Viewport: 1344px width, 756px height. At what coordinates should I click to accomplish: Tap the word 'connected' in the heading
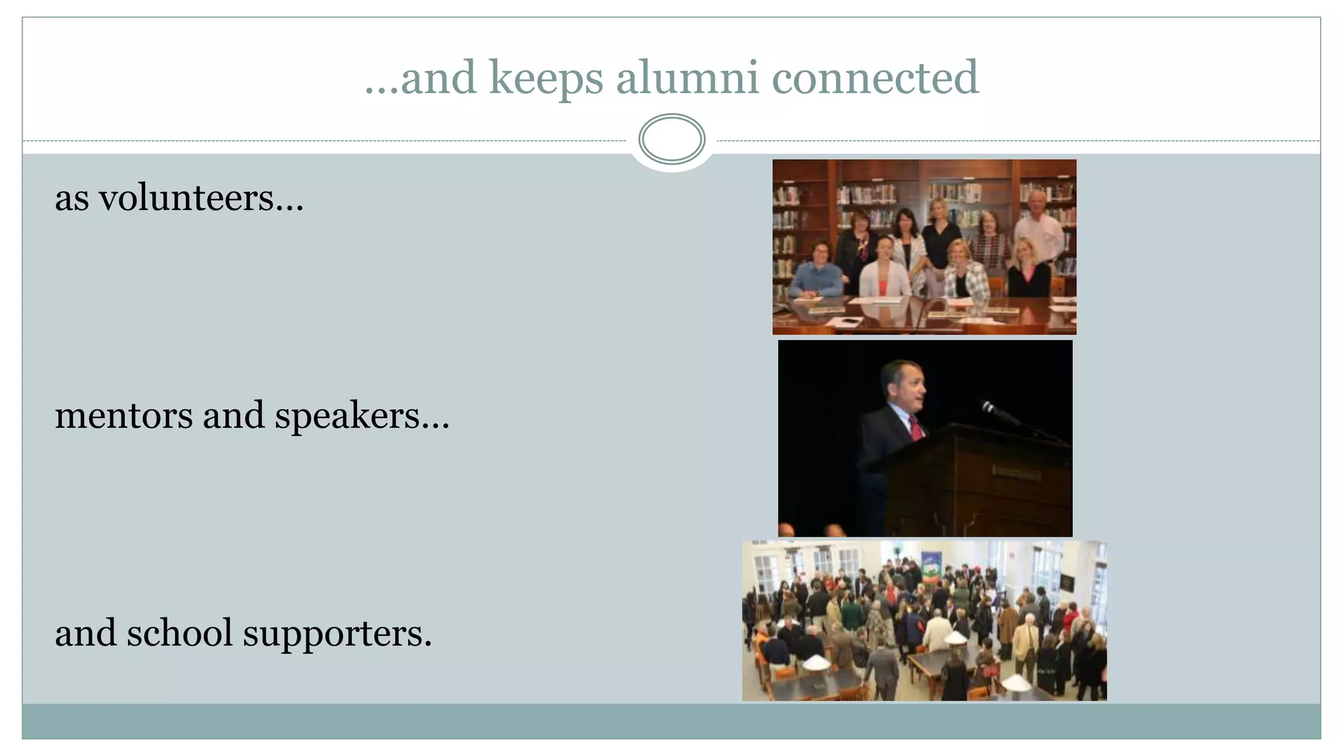click(x=875, y=77)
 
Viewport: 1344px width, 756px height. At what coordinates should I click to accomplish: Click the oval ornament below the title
click(x=671, y=139)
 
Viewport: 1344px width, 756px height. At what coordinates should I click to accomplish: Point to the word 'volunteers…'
click(x=201, y=198)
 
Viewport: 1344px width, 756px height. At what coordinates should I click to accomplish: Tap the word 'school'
click(x=179, y=633)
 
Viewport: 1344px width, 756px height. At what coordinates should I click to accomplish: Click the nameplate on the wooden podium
click(x=1016, y=473)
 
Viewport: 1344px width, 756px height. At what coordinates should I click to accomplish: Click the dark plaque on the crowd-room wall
click(x=1067, y=581)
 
